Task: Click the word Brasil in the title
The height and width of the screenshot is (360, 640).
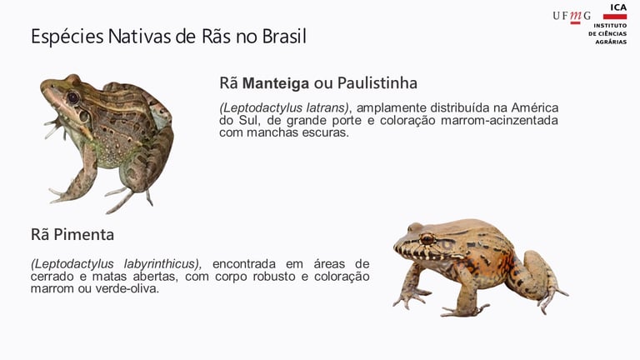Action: click(283, 37)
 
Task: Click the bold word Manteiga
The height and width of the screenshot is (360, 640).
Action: click(276, 83)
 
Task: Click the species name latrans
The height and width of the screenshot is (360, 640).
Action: click(327, 107)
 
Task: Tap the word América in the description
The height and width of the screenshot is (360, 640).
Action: click(535, 107)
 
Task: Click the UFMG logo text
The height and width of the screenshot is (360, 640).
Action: click(572, 17)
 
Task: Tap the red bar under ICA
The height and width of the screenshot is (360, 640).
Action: click(615, 17)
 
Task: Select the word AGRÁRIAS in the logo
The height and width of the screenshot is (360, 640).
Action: click(611, 42)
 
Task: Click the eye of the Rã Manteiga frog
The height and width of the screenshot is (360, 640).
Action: click(73, 97)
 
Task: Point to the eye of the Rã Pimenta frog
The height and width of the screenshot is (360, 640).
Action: click(427, 239)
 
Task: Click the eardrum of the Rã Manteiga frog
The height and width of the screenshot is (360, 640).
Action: click(84, 117)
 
